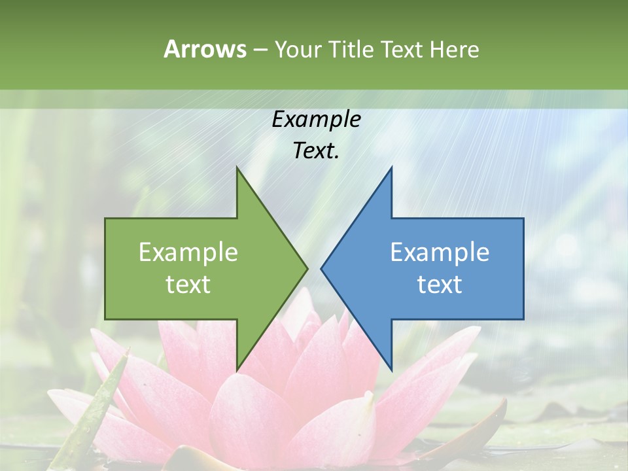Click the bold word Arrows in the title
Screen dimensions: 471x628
click(x=205, y=49)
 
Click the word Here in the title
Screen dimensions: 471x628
click(x=454, y=49)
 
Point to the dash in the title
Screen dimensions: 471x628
click(x=260, y=50)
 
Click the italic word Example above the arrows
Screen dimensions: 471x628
click(x=316, y=119)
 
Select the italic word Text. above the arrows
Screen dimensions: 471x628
click(x=316, y=150)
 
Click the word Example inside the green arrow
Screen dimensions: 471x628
click(x=188, y=253)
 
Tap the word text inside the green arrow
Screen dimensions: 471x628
click(x=188, y=285)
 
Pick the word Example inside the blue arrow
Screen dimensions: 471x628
click(x=440, y=253)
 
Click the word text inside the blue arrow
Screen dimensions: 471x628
click(x=440, y=285)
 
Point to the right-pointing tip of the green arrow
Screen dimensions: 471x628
click(x=306, y=268)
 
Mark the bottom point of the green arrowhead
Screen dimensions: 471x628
click(x=237, y=369)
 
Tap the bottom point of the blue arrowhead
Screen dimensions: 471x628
click(x=391, y=369)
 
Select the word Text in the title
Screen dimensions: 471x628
click(x=401, y=49)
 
